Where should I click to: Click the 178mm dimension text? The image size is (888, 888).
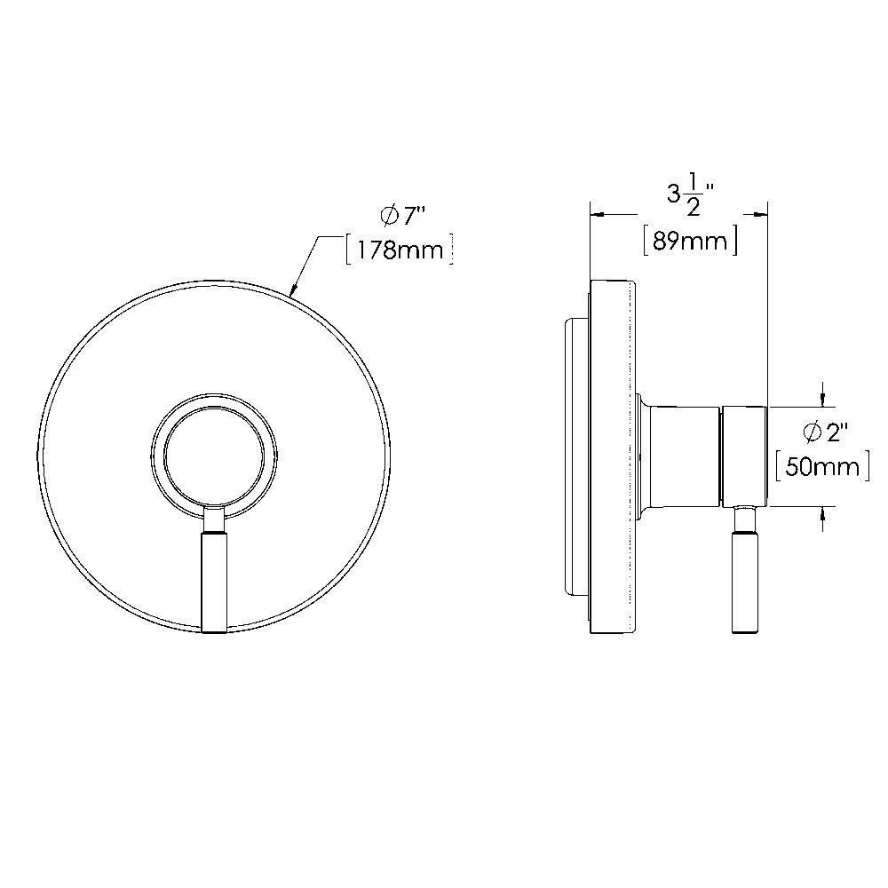[399, 250]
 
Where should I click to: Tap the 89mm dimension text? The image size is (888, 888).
[690, 241]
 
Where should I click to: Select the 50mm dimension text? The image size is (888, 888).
[822, 466]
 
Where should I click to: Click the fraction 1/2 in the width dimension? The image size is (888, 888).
[694, 196]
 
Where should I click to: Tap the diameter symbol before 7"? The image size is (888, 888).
[388, 216]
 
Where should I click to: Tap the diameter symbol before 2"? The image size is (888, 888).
[812, 432]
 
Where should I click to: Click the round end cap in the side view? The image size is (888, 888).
[745, 456]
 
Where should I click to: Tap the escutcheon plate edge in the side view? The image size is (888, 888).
[612, 456]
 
